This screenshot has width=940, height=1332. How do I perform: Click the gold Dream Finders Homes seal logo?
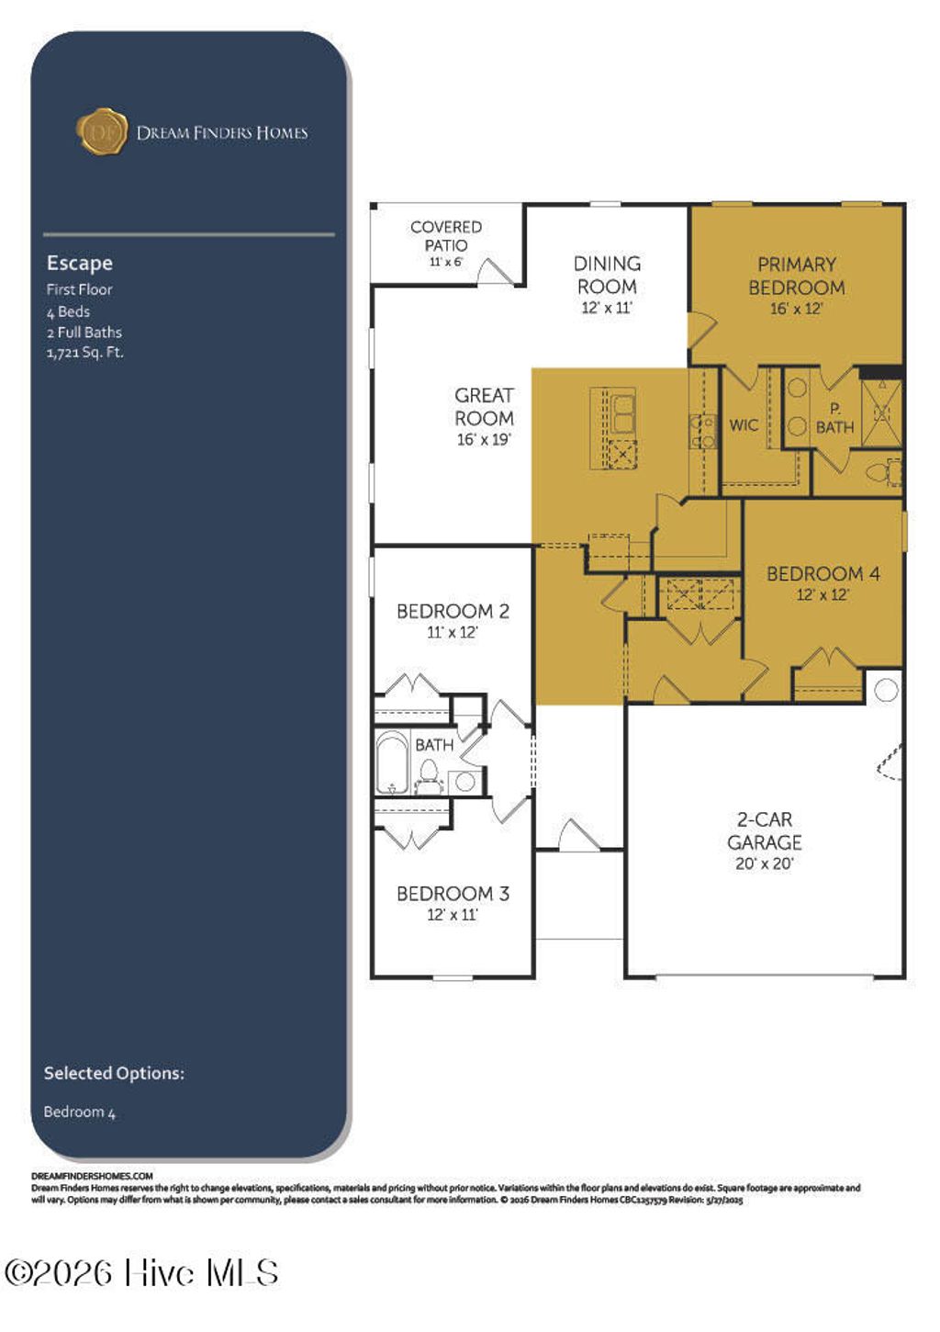coord(101,131)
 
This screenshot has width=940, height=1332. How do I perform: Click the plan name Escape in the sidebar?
coord(80,263)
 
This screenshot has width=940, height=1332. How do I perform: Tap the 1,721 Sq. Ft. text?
coord(84,353)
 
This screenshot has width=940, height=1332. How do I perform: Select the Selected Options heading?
coord(114,1073)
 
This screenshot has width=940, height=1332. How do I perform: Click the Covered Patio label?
coord(446,235)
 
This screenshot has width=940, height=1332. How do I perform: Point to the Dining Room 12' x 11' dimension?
coord(607,309)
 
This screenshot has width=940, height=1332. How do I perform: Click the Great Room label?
coord(484,407)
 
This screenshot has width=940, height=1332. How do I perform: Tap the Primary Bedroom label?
coord(796,276)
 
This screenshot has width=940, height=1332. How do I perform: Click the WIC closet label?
coord(744,425)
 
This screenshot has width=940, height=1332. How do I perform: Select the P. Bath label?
coord(834,418)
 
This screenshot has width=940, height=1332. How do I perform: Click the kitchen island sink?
coord(623,412)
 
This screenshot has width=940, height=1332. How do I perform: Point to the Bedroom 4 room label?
coord(822,574)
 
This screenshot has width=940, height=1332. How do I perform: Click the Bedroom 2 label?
coord(453,612)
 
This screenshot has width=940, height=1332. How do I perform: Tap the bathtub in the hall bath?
coord(392,762)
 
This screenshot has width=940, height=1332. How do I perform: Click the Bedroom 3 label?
coord(453,894)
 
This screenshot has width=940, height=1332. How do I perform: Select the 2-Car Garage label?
coord(764,830)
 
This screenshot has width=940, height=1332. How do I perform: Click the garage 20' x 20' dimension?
coord(764,864)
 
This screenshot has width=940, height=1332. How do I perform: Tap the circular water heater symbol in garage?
coord(886,690)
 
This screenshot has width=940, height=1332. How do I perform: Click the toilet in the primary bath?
coord(879,473)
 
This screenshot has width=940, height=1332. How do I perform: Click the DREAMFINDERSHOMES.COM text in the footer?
coord(92,1176)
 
